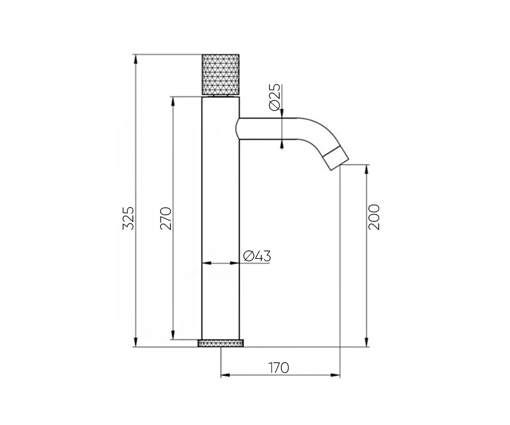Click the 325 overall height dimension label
129,218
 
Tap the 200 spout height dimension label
374,217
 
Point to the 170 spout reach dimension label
279,368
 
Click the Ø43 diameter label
257,256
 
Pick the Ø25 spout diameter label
274,97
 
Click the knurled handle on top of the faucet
221,75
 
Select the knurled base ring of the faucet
221,343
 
